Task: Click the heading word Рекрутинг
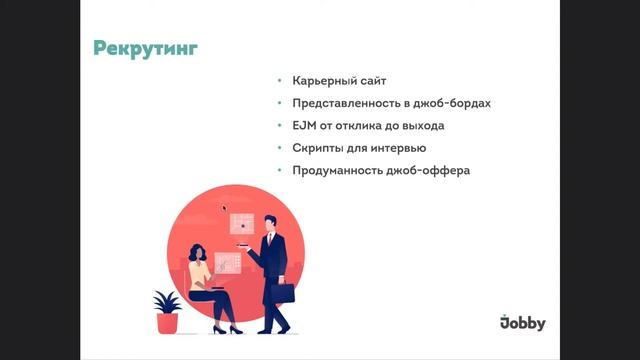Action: point(145,48)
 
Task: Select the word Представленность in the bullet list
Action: point(342,103)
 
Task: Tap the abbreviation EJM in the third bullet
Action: point(305,126)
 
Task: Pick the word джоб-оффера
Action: point(427,172)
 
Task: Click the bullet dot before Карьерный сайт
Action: point(281,80)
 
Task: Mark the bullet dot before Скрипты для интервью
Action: point(281,149)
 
